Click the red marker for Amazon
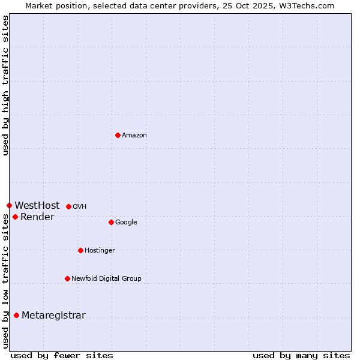(118, 135)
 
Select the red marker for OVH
(68, 206)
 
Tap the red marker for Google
(111, 222)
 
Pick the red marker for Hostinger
(80, 250)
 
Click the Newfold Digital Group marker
(67, 278)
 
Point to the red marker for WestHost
(9, 206)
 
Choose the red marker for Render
(15, 217)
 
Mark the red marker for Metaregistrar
(16, 315)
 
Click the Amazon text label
(134, 136)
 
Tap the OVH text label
(80, 207)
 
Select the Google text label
(126, 223)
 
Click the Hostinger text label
(100, 251)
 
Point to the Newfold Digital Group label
(106, 279)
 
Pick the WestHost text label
(37, 206)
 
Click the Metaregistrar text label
(53, 316)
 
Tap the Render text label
(37, 217)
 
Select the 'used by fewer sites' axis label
(61, 355)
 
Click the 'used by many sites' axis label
(301, 355)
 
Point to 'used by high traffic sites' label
(5, 85)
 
